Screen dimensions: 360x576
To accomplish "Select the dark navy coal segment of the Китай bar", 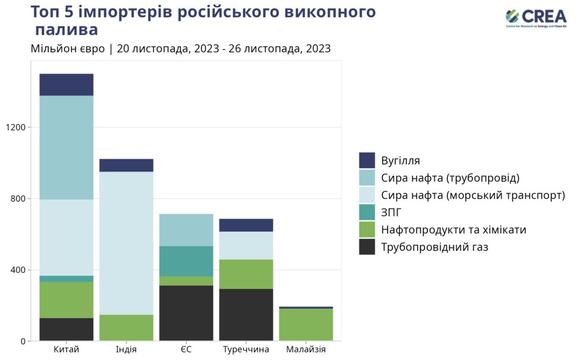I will click(x=66, y=84).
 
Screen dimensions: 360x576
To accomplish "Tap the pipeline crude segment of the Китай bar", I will click(x=66, y=147).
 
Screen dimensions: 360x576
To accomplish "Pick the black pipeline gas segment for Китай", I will click(x=66, y=329).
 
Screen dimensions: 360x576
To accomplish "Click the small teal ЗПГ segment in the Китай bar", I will click(x=66, y=278).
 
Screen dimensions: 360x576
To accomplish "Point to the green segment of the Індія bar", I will click(x=127, y=327).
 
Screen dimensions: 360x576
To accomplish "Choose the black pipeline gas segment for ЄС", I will click(x=186, y=313).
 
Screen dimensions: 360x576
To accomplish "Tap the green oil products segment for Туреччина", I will click(x=246, y=274).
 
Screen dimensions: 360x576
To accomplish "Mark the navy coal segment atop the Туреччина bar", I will click(x=246, y=225).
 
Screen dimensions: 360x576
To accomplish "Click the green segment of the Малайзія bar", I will click(x=306, y=325).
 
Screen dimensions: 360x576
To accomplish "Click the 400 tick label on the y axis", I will click(x=19, y=270).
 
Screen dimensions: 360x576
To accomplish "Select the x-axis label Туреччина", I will click(x=246, y=350).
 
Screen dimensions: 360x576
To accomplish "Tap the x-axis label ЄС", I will click(x=186, y=350).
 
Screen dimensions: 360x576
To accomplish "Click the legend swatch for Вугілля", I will click(x=367, y=160).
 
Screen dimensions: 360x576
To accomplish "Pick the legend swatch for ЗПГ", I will click(x=367, y=212).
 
